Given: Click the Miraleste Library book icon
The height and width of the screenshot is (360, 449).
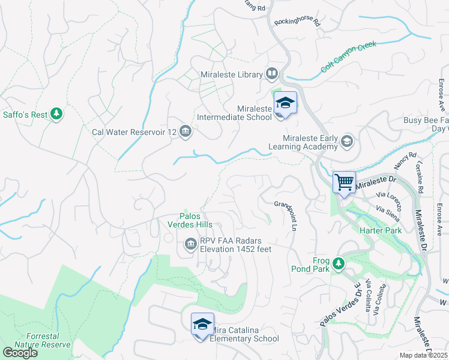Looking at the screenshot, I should pyautogui.click(x=272, y=74).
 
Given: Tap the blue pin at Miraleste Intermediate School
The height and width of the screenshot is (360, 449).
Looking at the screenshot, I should pyautogui.click(x=285, y=103).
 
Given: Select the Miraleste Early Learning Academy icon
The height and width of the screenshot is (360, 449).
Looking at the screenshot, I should pyautogui.click(x=346, y=142).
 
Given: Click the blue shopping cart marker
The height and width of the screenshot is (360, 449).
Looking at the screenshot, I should pyautogui.click(x=345, y=182).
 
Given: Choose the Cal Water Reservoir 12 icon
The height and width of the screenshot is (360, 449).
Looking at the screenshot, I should pyautogui.click(x=185, y=132).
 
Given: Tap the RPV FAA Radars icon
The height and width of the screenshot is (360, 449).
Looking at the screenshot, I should pyautogui.click(x=190, y=244).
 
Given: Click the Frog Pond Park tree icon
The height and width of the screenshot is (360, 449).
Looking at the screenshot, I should pyautogui.click(x=339, y=263).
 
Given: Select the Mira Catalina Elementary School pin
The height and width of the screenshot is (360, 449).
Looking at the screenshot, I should pyautogui.click(x=202, y=325).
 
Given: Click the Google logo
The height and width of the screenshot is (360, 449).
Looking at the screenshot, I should pyautogui.click(x=20, y=353).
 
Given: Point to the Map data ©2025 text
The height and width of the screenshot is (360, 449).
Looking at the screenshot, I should pyautogui.click(x=423, y=355).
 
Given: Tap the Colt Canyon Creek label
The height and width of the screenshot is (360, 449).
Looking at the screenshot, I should pyautogui.click(x=348, y=56).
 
